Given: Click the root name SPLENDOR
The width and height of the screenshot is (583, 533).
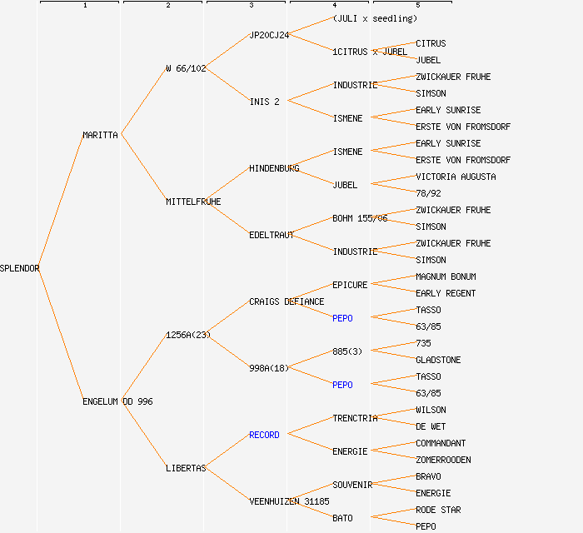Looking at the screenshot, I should [20, 268].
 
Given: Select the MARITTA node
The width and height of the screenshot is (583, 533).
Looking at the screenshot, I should [101, 135].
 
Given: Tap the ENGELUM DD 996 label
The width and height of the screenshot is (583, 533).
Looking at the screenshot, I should [117, 401].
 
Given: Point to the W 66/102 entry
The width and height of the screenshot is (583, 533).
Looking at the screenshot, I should [186, 68].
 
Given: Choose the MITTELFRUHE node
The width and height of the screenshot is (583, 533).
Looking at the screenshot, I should [193, 202].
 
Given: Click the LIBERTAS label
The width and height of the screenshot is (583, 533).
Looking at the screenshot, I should [186, 468].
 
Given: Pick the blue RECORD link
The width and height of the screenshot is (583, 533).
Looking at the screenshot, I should [264, 435].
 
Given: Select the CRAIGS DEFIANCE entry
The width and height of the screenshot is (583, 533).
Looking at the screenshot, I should [287, 301].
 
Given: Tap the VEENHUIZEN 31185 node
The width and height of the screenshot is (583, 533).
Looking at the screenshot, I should [289, 501].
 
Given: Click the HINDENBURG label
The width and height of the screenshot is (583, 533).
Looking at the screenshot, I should [274, 168].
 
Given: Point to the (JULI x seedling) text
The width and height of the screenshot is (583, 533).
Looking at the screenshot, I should [375, 18].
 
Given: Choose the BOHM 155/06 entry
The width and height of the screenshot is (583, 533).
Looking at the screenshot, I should [360, 218].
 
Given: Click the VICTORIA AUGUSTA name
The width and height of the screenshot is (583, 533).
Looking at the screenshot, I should [456, 177].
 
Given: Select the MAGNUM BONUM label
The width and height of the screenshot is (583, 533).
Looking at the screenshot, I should [446, 276].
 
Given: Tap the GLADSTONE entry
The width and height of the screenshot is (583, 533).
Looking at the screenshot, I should [438, 360].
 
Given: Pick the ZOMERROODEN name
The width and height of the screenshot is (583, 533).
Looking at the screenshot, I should [443, 460].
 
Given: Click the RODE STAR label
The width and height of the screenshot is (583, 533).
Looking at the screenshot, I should [438, 510].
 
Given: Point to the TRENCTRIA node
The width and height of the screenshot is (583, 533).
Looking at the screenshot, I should [355, 418].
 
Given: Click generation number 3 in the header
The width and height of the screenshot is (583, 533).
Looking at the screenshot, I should [251, 6].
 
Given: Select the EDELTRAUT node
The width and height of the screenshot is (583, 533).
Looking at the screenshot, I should [272, 235].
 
